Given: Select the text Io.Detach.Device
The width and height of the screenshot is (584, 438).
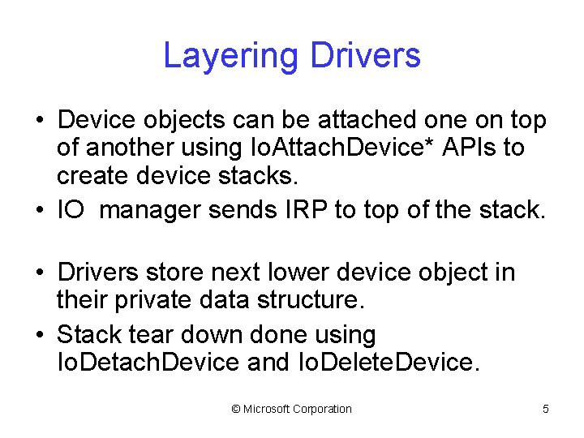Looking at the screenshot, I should [148, 362].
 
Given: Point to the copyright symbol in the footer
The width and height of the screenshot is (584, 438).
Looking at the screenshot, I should [236, 410].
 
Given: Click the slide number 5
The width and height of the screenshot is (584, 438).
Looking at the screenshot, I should [546, 410].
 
